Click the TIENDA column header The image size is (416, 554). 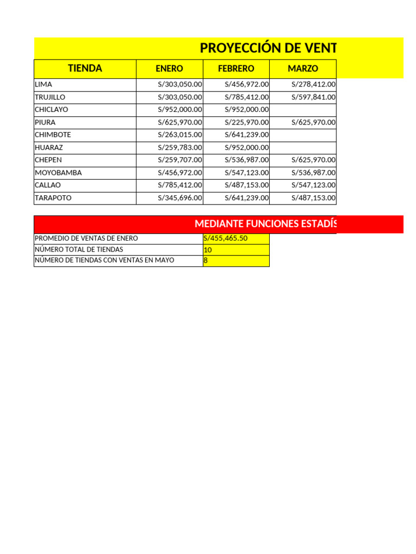[x=85, y=69]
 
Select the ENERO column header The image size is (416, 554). [x=170, y=69]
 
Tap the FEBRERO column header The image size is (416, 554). [x=236, y=69]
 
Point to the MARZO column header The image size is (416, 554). [x=303, y=69]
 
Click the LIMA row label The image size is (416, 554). [x=43, y=84]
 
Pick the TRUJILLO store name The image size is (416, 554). [x=50, y=97]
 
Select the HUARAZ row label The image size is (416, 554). [x=48, y=148]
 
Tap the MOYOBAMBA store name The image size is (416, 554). [x=58, y=173]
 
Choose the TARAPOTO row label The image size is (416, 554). [x=53, y=198]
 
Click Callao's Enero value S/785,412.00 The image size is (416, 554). [x=180, y=185]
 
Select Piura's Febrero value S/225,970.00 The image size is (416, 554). [x=246, y=122]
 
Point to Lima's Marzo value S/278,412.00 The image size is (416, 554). [x=313, y=84]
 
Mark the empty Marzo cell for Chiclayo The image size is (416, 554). [x=303, y=110]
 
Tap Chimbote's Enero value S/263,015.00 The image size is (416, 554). [x=180, y=135]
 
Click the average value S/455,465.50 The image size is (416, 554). [x=225, y=239]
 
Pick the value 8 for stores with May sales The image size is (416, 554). [x=206, y=261]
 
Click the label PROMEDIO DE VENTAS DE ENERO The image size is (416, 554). [x=86, y=239]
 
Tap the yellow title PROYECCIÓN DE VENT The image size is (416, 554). [x=268, y=48]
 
